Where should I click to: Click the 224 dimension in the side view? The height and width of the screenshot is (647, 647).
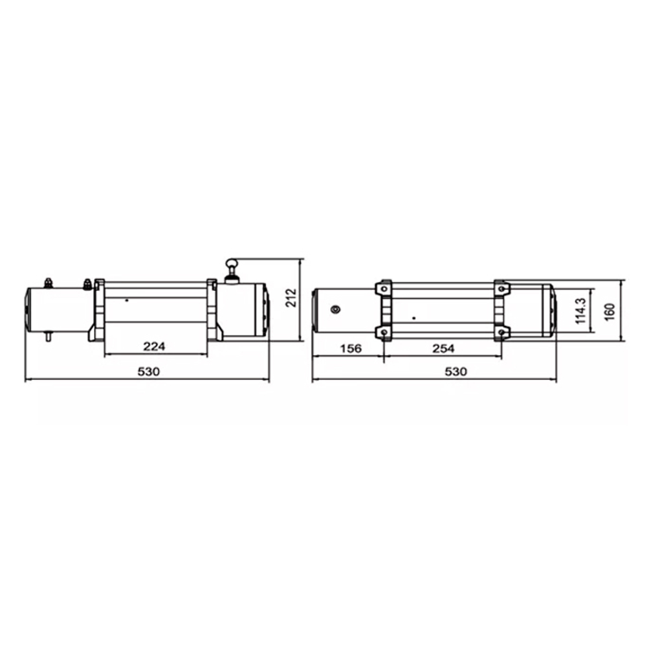pyautogui.click(x=154, y=347)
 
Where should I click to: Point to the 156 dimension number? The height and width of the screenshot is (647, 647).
pyautogui.click(x=350, y=348)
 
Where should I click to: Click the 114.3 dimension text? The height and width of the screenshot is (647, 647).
pyautogui.click(x=580, y=311)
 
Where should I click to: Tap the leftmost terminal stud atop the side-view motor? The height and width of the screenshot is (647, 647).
pyautogui.click(x=48, y=283)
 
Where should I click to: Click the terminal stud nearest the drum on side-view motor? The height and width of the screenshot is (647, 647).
pyautogui.click(x=87, y=283)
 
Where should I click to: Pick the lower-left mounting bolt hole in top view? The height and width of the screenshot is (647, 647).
pyautogui.click(x=384, y=333)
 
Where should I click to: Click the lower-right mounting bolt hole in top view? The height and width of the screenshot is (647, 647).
pyautogui.click(x=501, y=333)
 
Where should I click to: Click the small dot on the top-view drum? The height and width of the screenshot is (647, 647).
pyautogui.click(x=414, y=317)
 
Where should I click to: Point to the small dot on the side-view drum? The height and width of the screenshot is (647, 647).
pyautogui.click(x=127, y=300)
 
